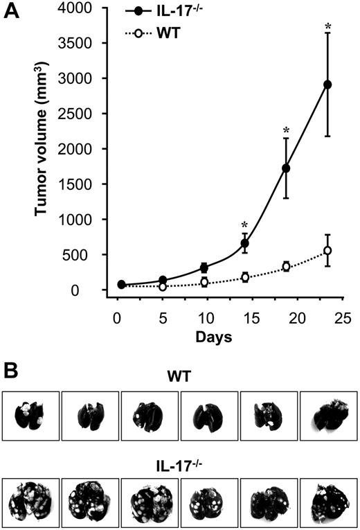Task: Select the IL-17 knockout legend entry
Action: click(173, 12)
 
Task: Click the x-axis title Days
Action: click(213, 337)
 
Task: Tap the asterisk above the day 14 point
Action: click(244, 224)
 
